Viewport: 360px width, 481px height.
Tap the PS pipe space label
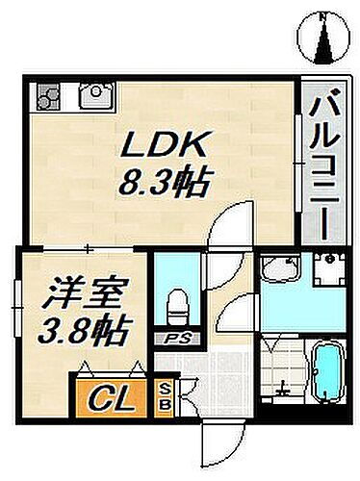(x=175, y=338)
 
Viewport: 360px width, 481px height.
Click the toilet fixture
(x=175, y=306)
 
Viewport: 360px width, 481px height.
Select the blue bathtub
(x=327, y=375)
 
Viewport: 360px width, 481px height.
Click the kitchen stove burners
(x=49, y=95)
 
